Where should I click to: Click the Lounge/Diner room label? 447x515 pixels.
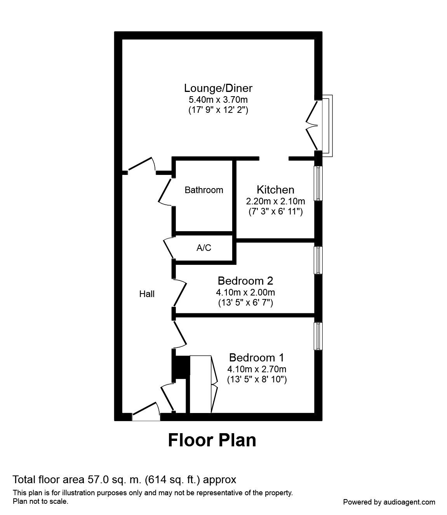[218, 88]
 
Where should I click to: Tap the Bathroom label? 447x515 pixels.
[204, 190]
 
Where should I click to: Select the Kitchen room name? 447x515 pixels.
[275, 190]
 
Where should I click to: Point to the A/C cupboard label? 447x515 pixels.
[204, 248]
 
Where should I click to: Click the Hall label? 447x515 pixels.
[147, 294]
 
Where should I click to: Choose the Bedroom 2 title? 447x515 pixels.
[245, 280]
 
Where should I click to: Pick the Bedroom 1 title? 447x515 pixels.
[257, 357]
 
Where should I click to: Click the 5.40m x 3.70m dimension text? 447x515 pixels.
[218, 100]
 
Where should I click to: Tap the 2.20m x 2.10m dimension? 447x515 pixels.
[275, 201]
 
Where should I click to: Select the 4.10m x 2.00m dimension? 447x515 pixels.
[245, 292]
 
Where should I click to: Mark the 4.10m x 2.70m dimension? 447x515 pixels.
[257, 369]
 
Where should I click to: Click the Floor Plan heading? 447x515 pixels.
[212, 440]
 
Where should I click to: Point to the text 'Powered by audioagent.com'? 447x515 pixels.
[389, 502]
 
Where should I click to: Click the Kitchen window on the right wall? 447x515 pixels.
[318, 183]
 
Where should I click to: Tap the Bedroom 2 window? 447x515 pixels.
[318, 260]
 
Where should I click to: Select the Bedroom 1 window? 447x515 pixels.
[318, 335]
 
